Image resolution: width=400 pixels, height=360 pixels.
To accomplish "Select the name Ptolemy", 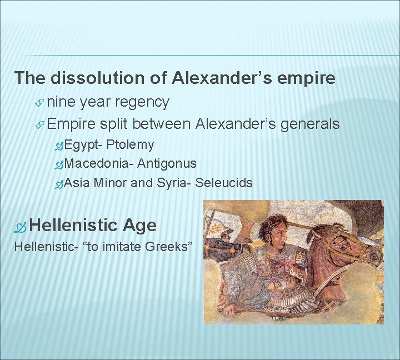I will [130, 145].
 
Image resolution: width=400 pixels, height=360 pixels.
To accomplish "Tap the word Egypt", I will [82, 145].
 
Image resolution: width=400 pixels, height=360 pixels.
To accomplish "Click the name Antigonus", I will [167, 163].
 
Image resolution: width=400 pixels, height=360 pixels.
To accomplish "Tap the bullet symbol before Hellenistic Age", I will [22, 226].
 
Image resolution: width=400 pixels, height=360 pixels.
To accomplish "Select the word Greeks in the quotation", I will [170, 247].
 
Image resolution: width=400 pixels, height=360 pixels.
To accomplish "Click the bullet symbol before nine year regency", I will [40, 102].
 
